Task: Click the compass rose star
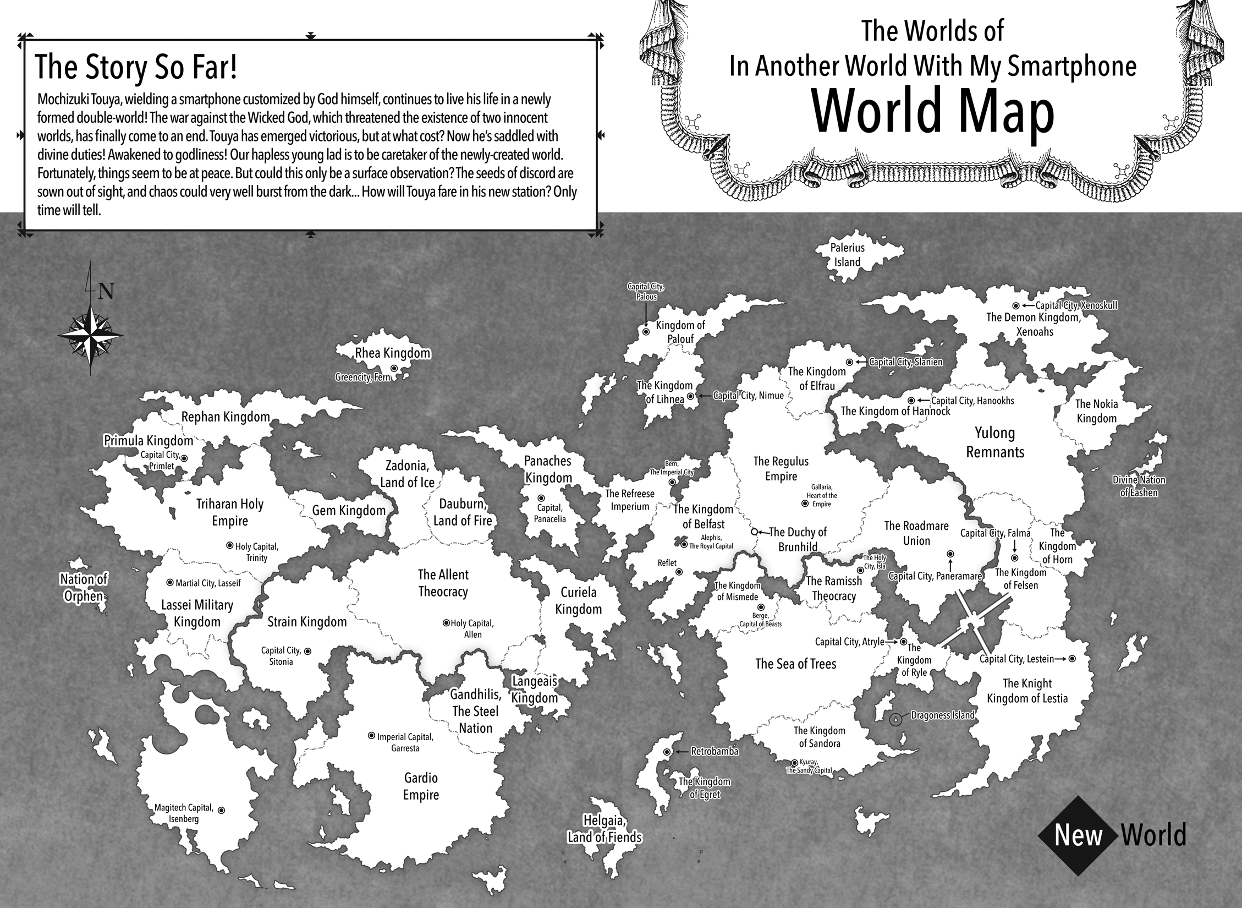click(x=90, y=335)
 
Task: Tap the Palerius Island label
click(x=848, y=255)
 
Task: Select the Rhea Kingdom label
click(x=393, y=353)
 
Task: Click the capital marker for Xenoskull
click(x=1016, y=305)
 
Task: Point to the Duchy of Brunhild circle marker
click(x=755, y=532)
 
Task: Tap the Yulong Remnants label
click(x=995, y=442)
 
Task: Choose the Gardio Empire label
click(x=421, y=786)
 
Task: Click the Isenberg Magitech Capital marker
click(x=221, y=810)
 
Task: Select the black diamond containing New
click(x=1078, y=835)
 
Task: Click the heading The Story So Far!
click(x=136, y=68)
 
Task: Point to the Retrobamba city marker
click(x=667, y=752)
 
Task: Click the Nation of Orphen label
click(x=84, y=588)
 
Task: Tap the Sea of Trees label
click(x=795, y=664)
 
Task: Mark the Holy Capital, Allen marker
click(x=446, y=623)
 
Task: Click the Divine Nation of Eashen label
click(x=1139, y=486)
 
